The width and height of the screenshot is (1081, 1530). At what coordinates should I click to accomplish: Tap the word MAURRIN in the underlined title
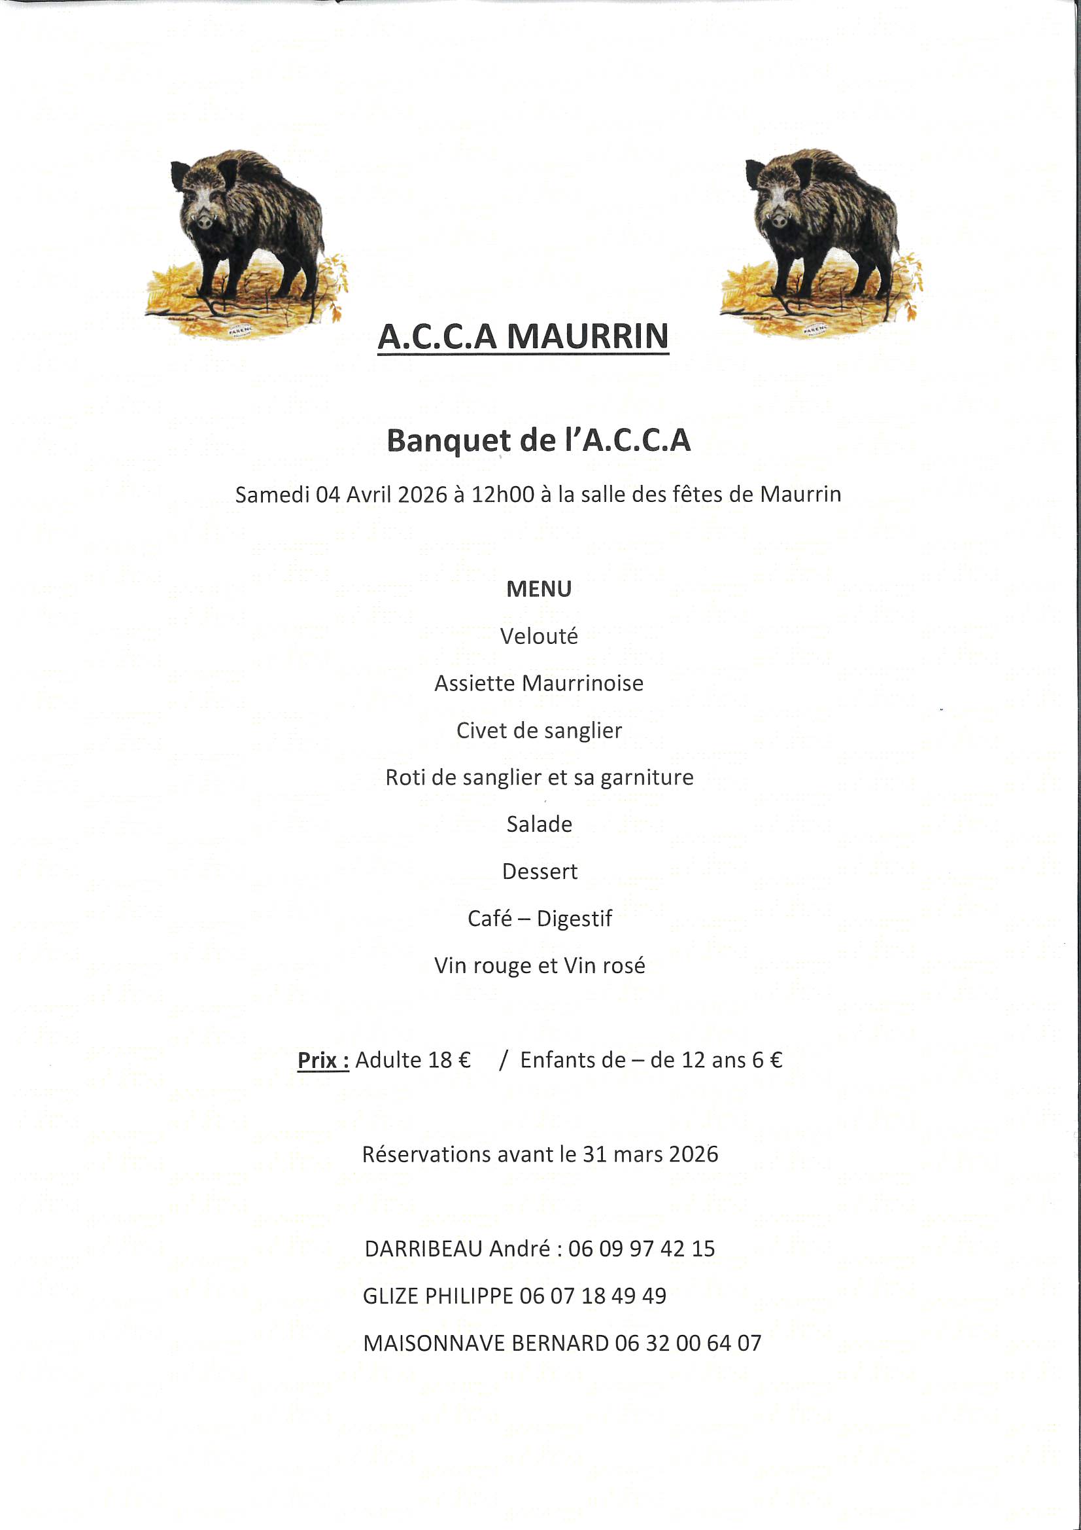[x=587, y=336]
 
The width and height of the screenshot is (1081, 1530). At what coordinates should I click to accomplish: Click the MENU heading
[x=539, y=589]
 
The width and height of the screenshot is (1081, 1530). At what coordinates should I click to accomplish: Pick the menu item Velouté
[x=539, y=636]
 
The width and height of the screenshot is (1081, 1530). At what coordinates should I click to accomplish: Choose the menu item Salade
[x=539, y=825]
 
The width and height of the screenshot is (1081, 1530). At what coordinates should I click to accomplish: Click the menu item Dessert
[x=540, y=872]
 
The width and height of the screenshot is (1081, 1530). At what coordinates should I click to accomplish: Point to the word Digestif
[x=574, y=919]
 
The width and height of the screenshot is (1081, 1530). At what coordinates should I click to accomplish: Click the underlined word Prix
[x=322, y=1060]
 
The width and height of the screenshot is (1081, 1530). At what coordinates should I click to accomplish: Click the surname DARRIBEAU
[x=423, y=1249]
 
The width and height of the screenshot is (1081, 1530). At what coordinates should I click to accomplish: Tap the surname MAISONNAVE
[x=434, y=1343]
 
